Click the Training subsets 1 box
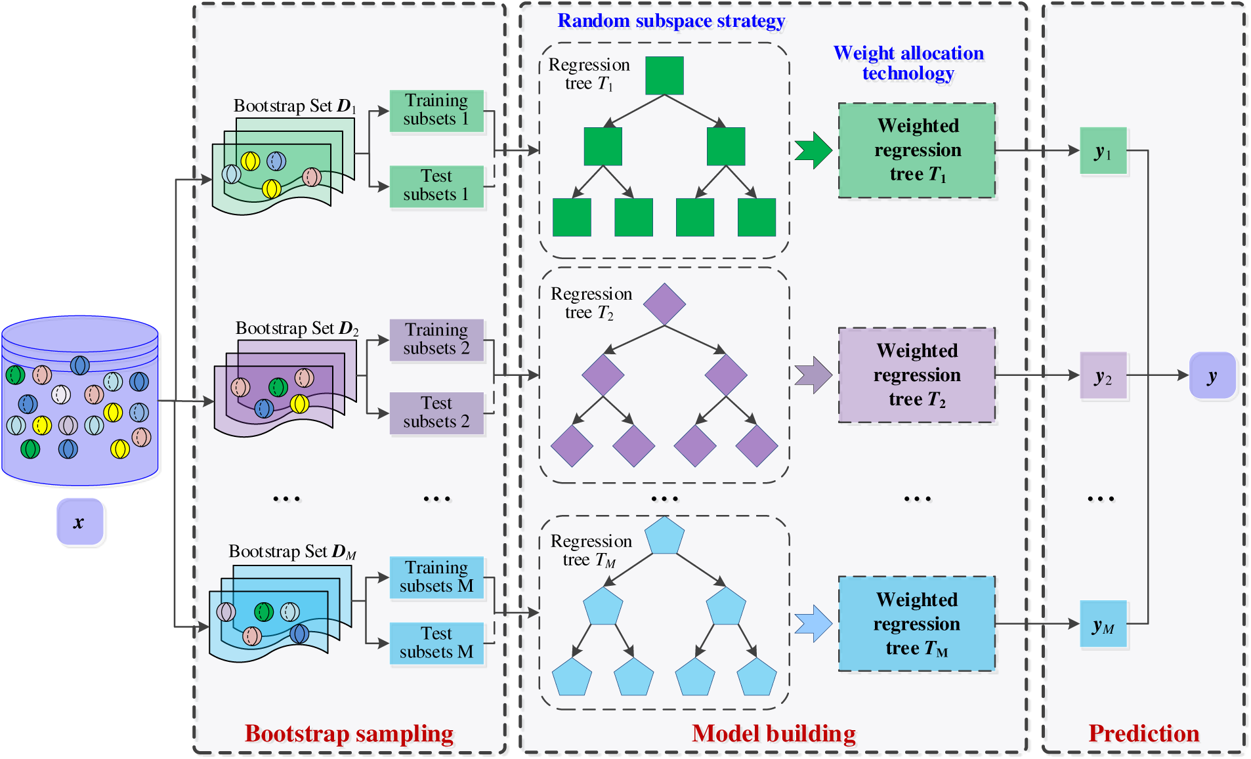point(436,111)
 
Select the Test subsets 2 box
point(436,413)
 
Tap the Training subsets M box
point(436,577)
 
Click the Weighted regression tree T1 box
point(917,150)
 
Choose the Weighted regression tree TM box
point(917,624)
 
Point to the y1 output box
point(1103,151)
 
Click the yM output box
point(1103,624)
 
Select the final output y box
point(1212,376)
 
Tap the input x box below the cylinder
point(79,522)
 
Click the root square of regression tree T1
point(664,75)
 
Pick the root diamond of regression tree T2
point(664,304)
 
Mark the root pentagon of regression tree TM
point(664,537)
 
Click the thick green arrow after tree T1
point(813,150)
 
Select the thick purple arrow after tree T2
point(813,375)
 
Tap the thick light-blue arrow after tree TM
point(813,623)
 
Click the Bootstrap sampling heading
point(349,733)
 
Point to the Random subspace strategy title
point(671,21)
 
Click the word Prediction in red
point(1143,733)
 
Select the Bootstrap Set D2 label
point(297,328)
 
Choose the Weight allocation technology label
point(908,63)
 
